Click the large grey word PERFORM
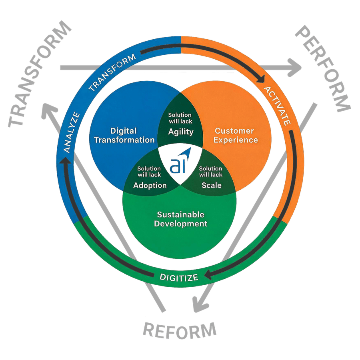(x=323, y=69)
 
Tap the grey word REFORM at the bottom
(x=180, y=330)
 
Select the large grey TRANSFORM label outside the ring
(x=40, y=74)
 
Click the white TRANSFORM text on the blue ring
(x=112, y=72)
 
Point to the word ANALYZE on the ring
(x=72, y=132)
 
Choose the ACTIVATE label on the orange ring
(x=277, y=106)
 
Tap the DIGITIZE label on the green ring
(x=179, y=277)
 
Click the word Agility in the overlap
(x=181, y=132)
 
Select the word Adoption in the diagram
(x=150, y=185)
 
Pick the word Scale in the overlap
(x=212, y=185)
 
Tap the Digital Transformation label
(x=124, y=135)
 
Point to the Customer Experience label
(x=236, y=135)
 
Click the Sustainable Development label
(x=181, y=219)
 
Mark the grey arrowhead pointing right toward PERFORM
(x=294, y=68)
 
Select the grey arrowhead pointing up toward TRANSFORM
(x=49, y=111)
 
